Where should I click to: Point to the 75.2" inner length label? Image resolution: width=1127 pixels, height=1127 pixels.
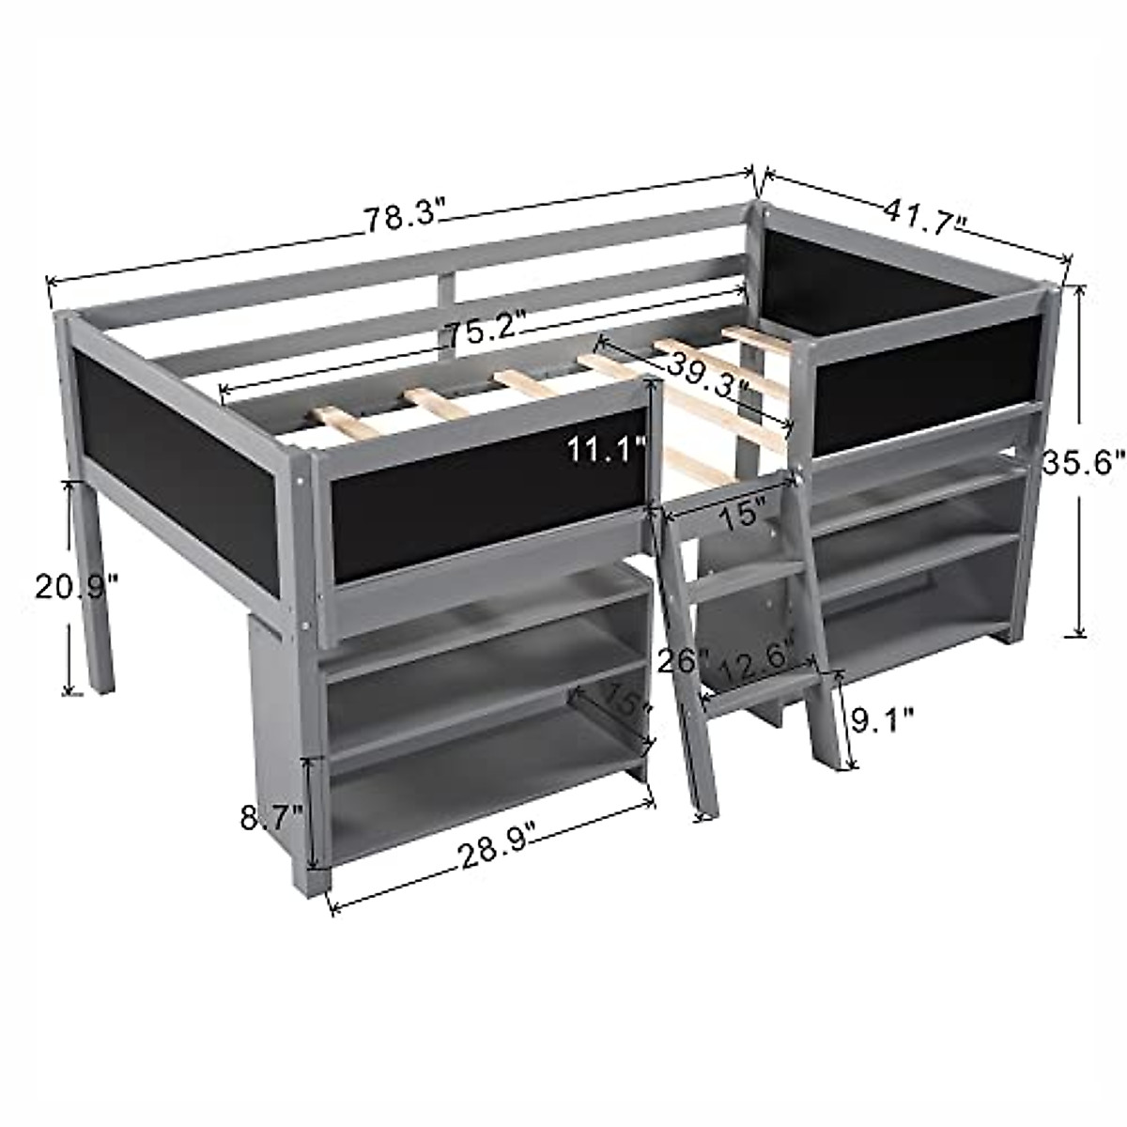[484, 334]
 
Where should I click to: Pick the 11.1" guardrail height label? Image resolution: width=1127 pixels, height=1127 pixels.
[605, 450]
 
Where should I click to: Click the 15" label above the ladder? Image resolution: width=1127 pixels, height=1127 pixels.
[738, 516]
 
